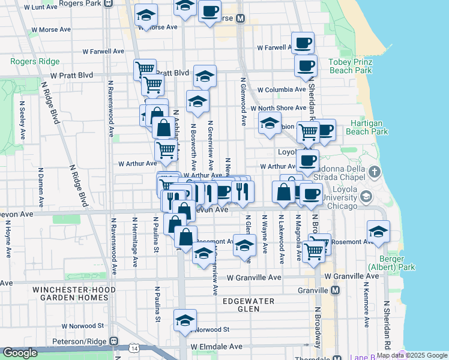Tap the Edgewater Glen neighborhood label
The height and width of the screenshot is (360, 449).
[x=249, y=305]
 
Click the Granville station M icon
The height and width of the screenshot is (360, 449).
[x=336, y=290]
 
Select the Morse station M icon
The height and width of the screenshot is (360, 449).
[x=241, y=19]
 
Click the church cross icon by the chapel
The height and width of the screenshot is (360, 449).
[x=375, y=172]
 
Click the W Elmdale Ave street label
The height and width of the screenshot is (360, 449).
[x=217, y=347]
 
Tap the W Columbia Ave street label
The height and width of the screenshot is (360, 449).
[x=282, y=90]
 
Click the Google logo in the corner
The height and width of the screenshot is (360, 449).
[x=19, y=353]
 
